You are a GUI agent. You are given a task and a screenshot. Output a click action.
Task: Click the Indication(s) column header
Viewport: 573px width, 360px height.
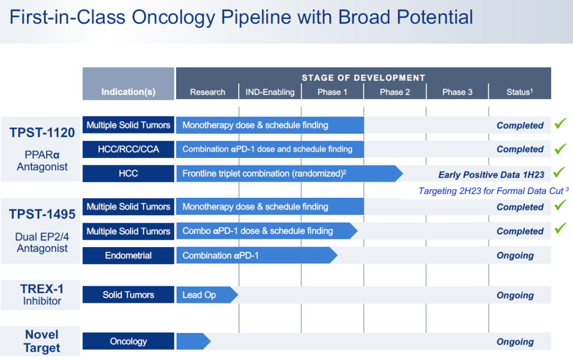pyautogui.click(x=128, y=92)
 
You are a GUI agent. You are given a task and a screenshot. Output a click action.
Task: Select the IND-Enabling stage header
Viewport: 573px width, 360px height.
pyautogui.click(x=270, y=92)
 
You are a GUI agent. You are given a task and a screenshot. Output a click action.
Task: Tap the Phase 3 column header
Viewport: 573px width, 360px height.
pyautogui.click(x=457, y=92)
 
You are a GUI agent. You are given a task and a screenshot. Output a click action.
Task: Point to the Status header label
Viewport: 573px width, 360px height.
pyautogui.click(x=519, y=92)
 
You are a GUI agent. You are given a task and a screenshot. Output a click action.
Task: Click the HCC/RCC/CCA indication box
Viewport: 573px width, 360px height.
pyautogui.click(x=128, y=150)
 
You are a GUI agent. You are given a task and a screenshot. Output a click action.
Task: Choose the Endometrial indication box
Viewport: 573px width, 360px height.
pyautogui.click(x=128, y=256)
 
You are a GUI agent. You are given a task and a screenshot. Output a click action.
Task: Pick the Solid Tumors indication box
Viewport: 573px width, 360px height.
pyautogui.click(x=128, y=295)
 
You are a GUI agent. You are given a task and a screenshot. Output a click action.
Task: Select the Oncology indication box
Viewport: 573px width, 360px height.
pyautogui.click(x=128, y=341)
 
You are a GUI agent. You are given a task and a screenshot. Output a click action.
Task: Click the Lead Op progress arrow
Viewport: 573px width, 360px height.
pyautogui.click(x=207, y=295)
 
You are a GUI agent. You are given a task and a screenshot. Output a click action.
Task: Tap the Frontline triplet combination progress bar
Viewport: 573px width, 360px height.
pyautogui.click(x=289, y=173)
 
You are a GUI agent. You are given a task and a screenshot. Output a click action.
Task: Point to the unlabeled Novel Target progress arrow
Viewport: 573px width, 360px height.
pyautogui.click(x=193, y=341)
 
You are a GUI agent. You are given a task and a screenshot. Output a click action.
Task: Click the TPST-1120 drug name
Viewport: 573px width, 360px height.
pyautogui.click(x=42, y=133)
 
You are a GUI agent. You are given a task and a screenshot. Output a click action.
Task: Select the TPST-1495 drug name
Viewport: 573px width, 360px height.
pyautogui.click(x=42, y=214)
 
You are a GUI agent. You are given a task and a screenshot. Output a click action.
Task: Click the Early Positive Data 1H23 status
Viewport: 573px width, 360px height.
pyautogui.click(x=491, y=175)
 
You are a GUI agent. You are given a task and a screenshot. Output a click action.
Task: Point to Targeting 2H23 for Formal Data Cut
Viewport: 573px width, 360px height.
pyautogui.click(x=493, y=191)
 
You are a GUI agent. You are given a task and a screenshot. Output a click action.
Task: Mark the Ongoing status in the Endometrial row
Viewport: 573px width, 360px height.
pyautogui.click(x=515, y=256)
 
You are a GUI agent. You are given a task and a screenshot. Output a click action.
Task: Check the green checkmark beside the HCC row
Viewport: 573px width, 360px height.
pyautogui.click(x=559, y=172)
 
